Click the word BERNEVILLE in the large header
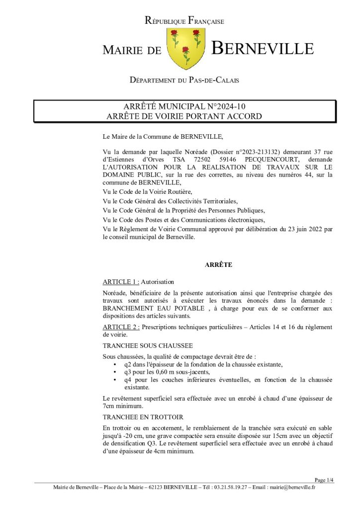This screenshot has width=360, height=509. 263,49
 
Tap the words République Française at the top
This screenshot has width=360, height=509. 184,21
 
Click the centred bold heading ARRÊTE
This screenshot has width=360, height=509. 218,265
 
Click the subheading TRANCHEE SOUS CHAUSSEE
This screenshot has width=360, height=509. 141,344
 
